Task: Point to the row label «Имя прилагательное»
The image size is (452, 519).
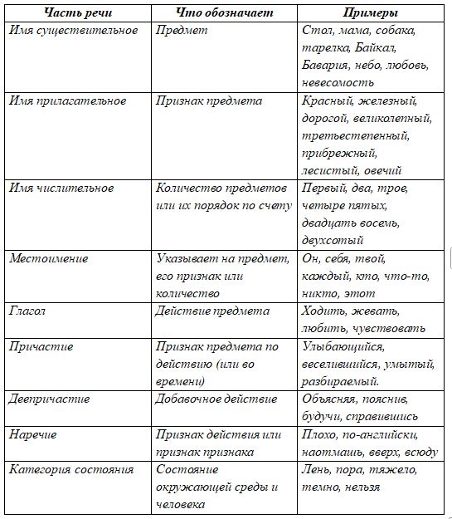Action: pos(67,101)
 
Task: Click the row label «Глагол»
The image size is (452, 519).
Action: pos(29,311)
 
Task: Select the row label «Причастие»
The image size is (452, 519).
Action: pos(41,346)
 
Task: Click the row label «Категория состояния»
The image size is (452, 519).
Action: pos(71,470)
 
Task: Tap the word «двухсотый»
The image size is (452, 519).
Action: pos(333,241)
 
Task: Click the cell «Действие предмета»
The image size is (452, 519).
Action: pos(212,311)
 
